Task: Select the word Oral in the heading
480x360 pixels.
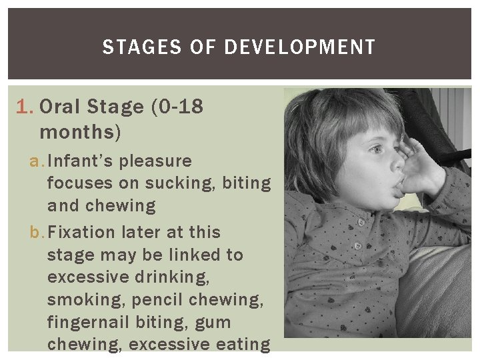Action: point(63,107)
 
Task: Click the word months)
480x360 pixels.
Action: point(81,131)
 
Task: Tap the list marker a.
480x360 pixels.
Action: point(37,161)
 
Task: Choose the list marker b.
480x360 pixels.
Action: point(37,233)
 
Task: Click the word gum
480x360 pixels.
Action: point(212,323)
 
